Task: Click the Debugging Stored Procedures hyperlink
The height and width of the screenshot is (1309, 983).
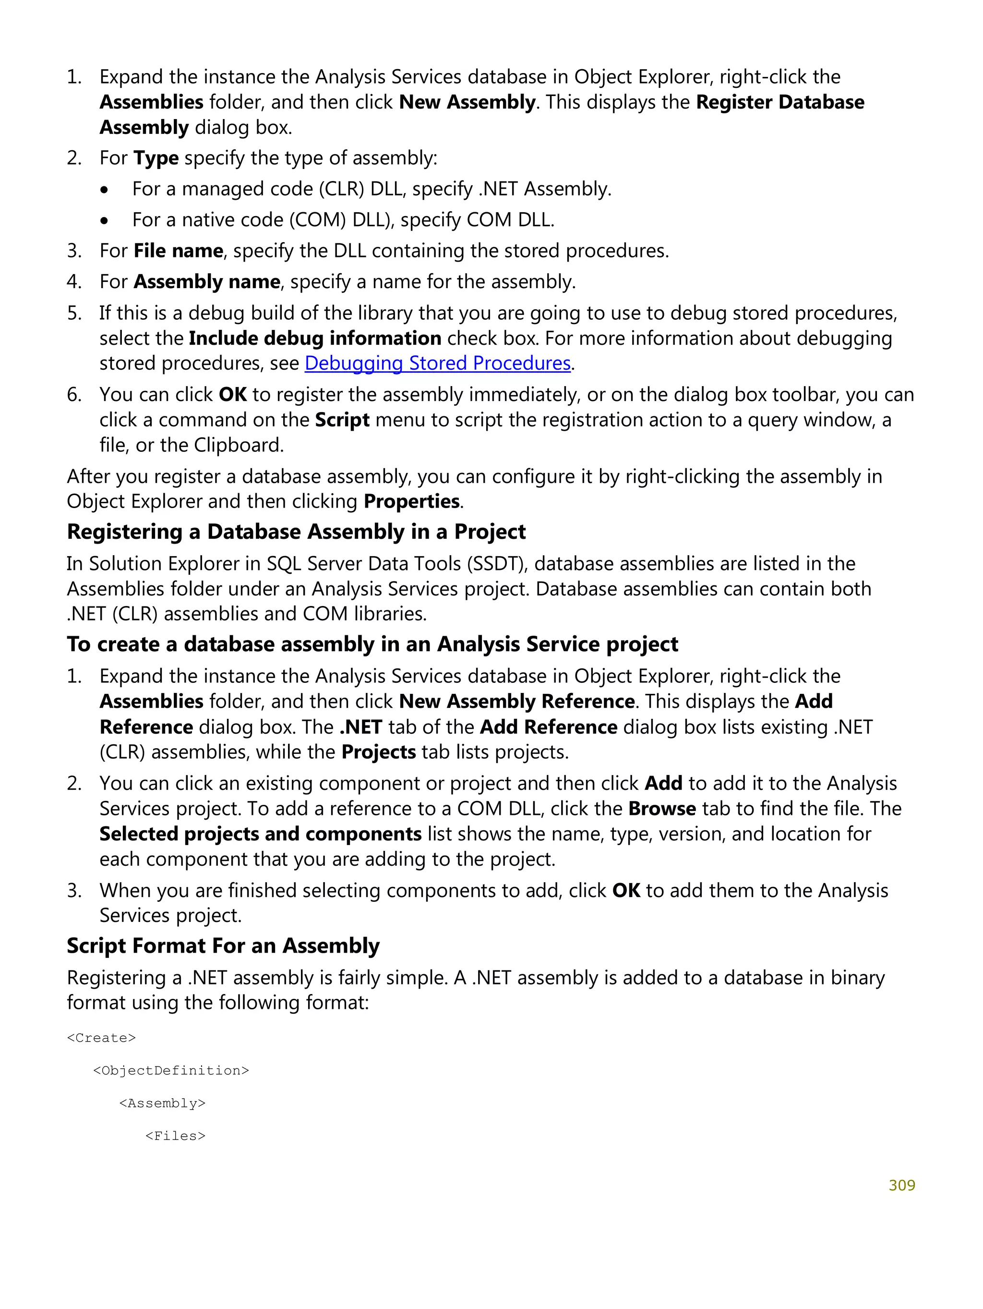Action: [x=437, y=363]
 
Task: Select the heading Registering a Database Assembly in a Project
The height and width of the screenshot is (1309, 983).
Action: [x=296, y=532]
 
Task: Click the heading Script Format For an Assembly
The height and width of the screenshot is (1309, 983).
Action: [x=223, y=945]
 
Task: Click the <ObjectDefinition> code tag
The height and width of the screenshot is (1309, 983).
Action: [x=171, y=1070]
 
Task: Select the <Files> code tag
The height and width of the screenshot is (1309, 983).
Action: [x=175, y=1136]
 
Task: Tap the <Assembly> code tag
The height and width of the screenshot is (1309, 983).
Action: [x=162, y=1103]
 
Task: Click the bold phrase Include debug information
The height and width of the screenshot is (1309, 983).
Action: [x=315, y=338]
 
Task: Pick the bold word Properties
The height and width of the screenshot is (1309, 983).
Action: [x=412, y=501]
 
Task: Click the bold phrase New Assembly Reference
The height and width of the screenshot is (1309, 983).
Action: [x=517, y=701]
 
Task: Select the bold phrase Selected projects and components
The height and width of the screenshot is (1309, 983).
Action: [x=260, y=834]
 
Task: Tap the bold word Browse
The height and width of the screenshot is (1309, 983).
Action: [x=661, y=808]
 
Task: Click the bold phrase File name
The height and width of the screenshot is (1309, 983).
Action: [x=178, y=251]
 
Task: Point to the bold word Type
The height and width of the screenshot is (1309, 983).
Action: [x=156, y=158]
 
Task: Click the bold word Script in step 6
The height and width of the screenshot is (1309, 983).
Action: [x=342, y=420]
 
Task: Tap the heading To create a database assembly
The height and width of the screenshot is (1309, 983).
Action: [x=372, y=644]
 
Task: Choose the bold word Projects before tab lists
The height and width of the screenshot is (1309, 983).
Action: [x=379, y=752]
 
